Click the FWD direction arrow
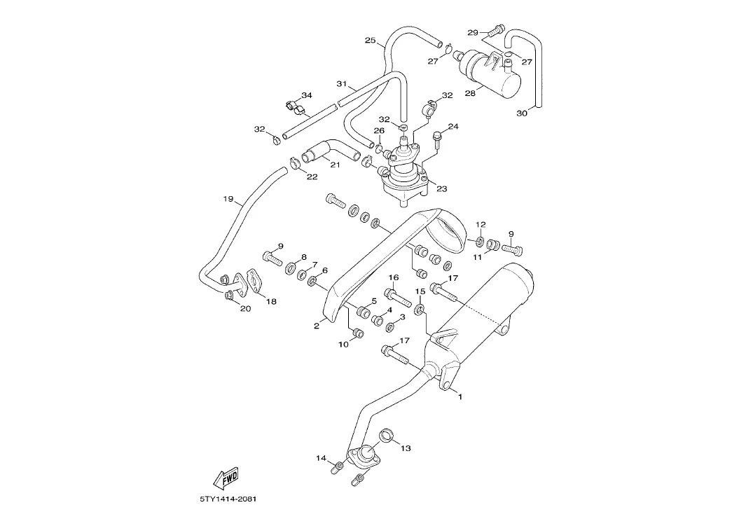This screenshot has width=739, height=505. tap(225, 478)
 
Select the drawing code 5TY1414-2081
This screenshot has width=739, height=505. tap(228, 499)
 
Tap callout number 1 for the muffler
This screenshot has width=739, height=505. tap(460, 397)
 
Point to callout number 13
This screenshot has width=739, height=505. tap(406, 448)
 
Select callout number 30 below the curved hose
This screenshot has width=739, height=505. tap(521, 113)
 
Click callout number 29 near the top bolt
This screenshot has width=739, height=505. tap(472, 33)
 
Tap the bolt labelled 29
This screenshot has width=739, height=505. tap(495, 29)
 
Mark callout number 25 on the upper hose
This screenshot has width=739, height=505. tap(370, 40)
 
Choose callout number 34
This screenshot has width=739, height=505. tap(307, 95)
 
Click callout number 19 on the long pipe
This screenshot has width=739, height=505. tap(228, 199)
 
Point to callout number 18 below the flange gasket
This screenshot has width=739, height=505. tap(270, 301)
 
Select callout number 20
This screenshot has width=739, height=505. tap(245, 308)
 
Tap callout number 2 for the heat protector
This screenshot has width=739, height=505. tap(316, 325)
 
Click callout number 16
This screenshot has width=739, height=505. tap(394, 277)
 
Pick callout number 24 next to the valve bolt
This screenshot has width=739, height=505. tap(453, 127)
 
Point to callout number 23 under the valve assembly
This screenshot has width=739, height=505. tap(441, 188)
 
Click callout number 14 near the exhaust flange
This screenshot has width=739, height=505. tap(321, 458)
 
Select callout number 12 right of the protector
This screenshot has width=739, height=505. tap(481, 224)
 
